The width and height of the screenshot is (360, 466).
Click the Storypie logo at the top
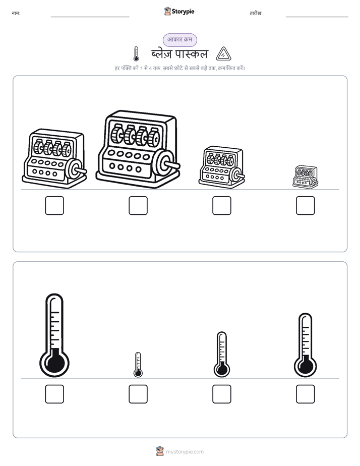[179, 11]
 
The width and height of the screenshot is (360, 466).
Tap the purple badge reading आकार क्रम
[179, 40]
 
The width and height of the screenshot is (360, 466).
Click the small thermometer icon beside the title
[136, 54]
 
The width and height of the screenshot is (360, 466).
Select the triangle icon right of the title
[223, 54]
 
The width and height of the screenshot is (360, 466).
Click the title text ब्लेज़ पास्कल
[179, 54]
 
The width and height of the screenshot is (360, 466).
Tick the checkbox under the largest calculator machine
[138, 205]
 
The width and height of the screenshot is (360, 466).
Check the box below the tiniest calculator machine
[306, 205]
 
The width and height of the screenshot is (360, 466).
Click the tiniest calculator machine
[306, 177]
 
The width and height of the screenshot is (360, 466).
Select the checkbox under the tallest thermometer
[54, 394]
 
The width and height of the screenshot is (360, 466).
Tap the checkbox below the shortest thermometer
[138, 394]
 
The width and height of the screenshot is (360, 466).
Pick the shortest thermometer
[138, 365]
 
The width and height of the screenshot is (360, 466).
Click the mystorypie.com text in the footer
[185, 452]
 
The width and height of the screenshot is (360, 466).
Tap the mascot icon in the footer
[160, 451]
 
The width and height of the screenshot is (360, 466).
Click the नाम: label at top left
[16, 14]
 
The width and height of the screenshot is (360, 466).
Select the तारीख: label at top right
[256, 14]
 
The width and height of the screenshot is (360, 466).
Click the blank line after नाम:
[90, 17]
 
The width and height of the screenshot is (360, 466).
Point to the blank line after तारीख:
[317, 17]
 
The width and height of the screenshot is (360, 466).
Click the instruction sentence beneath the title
[179, 68]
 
